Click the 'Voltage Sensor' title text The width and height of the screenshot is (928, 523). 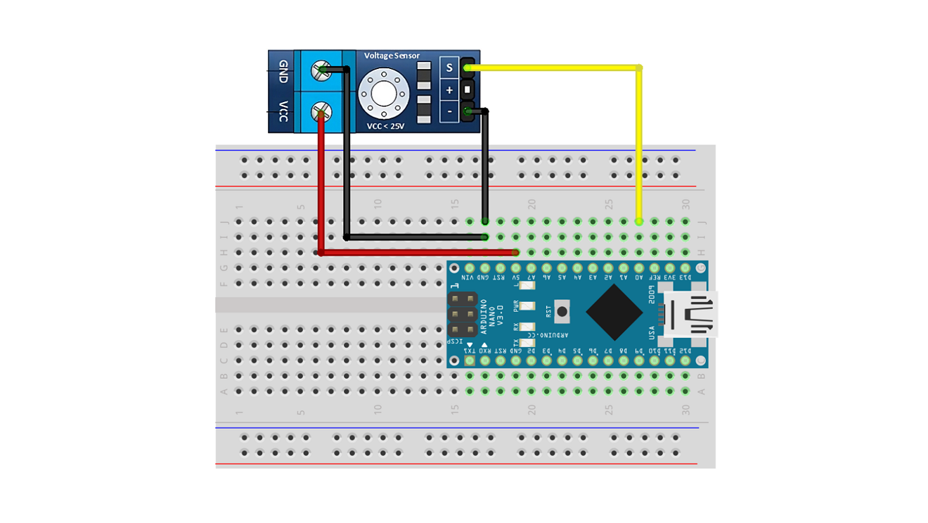pos(392,56)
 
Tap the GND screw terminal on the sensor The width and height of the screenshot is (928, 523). pos(322,70)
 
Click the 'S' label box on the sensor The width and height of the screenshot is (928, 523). pos(449,68)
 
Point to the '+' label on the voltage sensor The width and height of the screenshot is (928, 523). pos(449,89)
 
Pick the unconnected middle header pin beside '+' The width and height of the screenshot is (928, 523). pos(468,89)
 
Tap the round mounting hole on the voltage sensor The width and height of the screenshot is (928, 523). pos(384,92)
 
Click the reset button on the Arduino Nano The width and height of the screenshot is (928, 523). pos(562,310)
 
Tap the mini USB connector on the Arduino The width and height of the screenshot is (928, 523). pos(692,314)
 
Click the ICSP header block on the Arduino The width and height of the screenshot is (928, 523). pos(462,314)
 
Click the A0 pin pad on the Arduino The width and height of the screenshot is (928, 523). pos(639,268)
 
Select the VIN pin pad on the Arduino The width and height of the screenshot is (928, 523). pos(470,268)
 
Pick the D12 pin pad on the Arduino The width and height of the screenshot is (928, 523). pos(685,360)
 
